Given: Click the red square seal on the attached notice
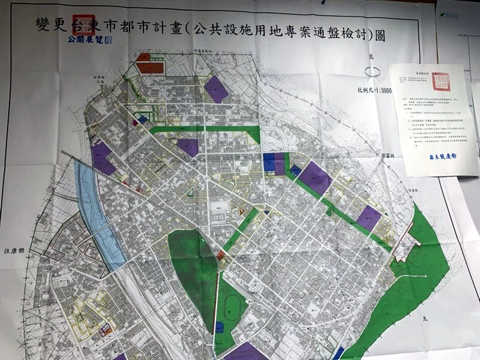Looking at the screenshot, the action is pyautogui.click(x=442, y=79).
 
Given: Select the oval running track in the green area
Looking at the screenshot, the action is pyautogui.click(x=232, y=311).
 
